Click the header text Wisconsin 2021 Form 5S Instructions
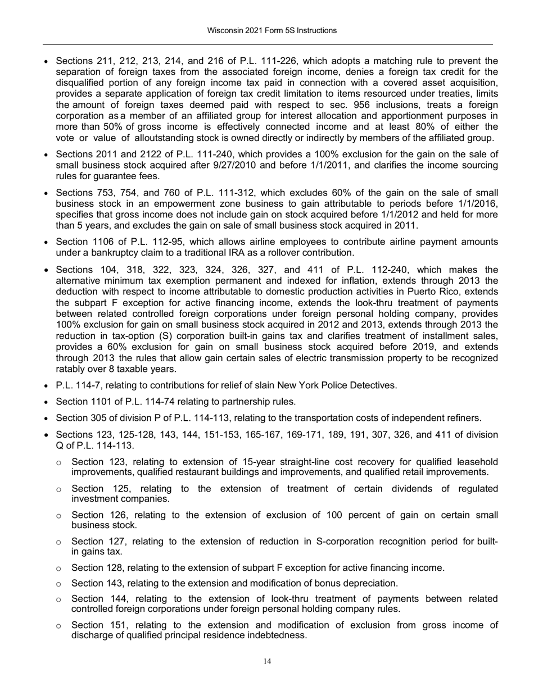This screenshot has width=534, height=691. pos(267,30)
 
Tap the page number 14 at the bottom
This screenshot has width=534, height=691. pos(268,661)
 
